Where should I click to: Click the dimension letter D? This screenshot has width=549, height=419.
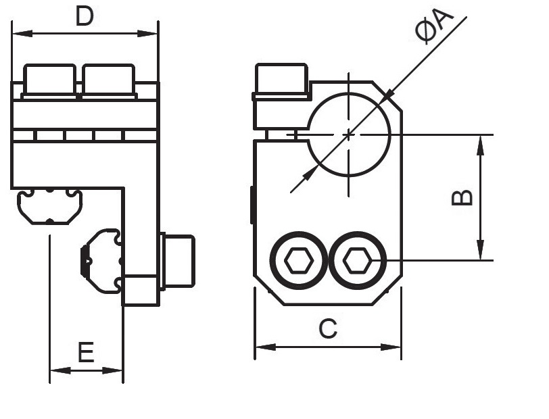click(x=85, y=16)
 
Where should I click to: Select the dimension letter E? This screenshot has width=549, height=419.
click(x=85, y=352)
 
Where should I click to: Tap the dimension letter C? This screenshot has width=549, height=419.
click(x=328, y=329)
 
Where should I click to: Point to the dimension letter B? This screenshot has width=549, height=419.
click(x=462, y=197)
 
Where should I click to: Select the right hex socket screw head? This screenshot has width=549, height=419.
click(x=358, y=261)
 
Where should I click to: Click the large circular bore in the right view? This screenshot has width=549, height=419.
click(x=349, y=134)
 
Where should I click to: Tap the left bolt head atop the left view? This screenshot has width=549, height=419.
click(x=49, y=80)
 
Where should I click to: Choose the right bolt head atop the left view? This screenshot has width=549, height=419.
click(x=108, y=80)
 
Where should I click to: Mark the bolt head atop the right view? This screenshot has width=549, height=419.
click(x=281, y=81)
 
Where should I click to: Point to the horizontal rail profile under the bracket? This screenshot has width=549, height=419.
click(x=50, y=205)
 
